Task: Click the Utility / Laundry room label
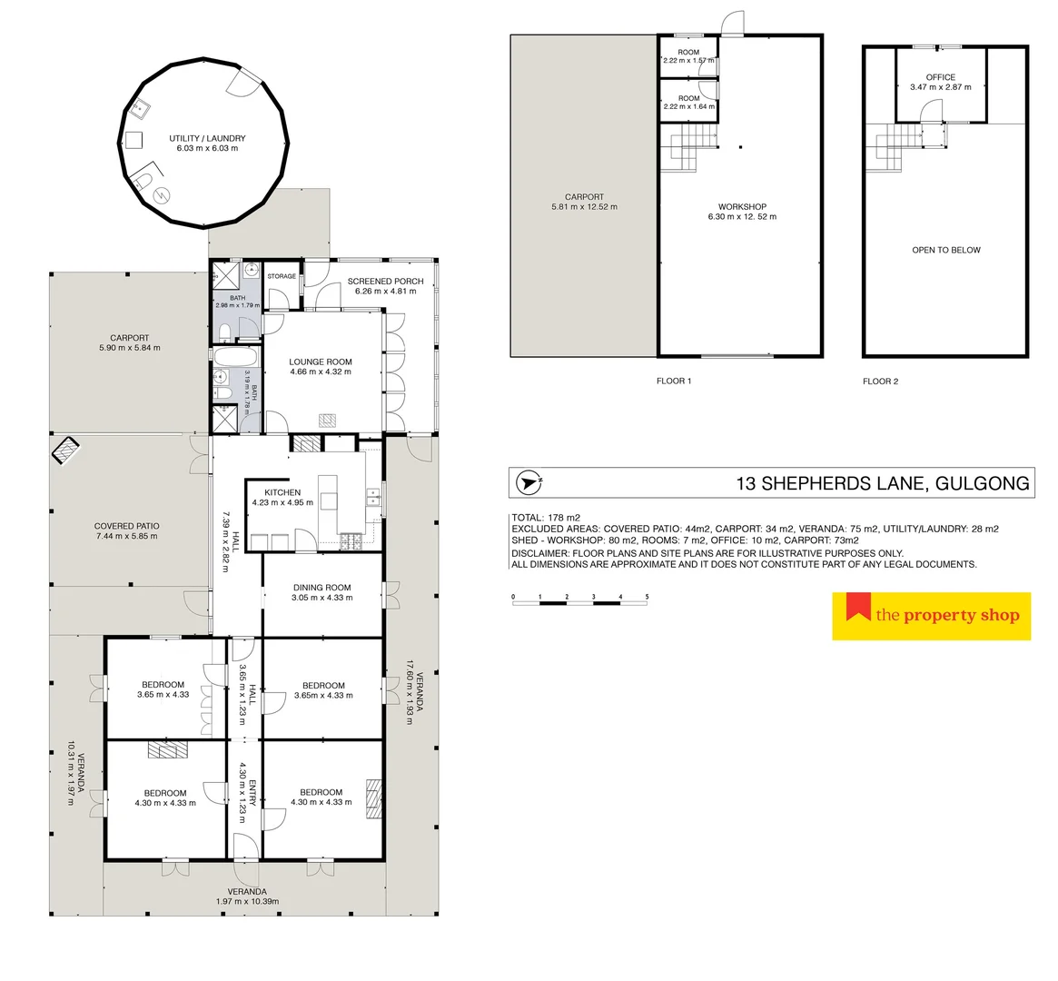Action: point(207,138)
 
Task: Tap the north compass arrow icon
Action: point(528,482)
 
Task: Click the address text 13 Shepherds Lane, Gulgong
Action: point(883,483)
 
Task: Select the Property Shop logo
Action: point(931,616)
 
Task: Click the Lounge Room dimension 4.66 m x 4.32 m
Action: point(321,372)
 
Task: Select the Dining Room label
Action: point(321,588)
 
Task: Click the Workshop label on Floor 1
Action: point(741,207)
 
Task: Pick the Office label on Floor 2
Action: point(940,77)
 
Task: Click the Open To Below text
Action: point(945,250)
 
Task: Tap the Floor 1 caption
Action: point(674,381)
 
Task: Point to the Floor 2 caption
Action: point(880,381)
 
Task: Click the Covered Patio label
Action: point(127,526)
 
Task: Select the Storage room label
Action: point(282,276)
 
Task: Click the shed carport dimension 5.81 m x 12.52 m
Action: point(584,207)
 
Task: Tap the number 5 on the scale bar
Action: point(647,598)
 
